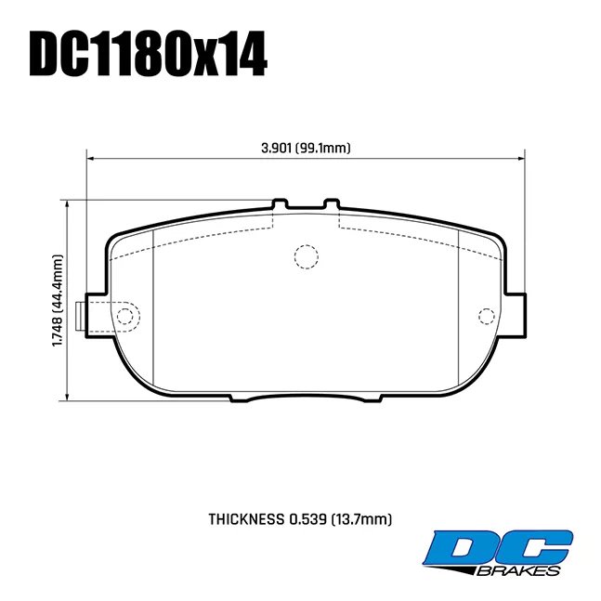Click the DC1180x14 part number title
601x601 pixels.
(149, 55)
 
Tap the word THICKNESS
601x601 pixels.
(246, 519)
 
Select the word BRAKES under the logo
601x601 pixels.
(524, 569)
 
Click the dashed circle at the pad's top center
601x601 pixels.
(305, 256)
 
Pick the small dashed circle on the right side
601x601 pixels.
(484, 315)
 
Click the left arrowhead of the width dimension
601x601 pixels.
(91, 159)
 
